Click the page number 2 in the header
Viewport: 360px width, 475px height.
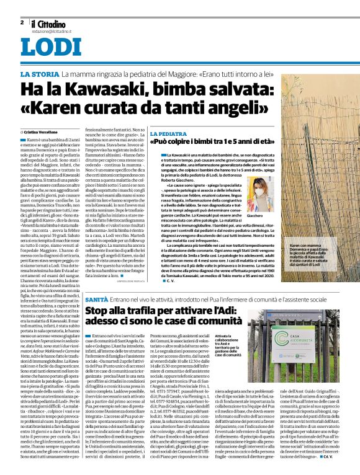[22, 21]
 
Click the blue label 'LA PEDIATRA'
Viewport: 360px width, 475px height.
[168, 133]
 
